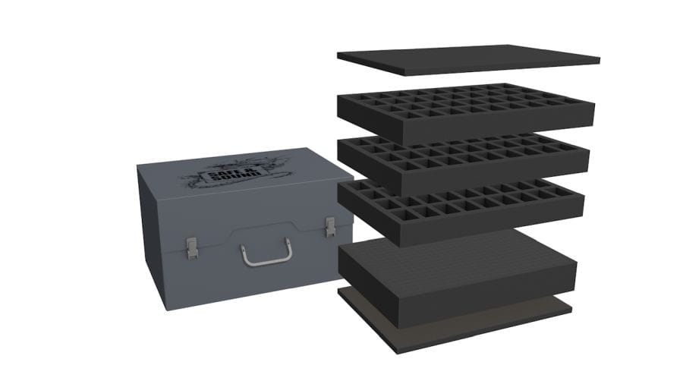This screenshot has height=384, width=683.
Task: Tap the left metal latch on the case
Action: click(192, 247)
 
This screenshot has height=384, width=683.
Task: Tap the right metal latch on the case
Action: click(330, 226)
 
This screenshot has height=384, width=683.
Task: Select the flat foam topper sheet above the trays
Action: click(468, 60)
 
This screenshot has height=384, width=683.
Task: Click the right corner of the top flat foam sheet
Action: click(599, 58)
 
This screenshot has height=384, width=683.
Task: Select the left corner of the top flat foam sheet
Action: click(338, 55)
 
